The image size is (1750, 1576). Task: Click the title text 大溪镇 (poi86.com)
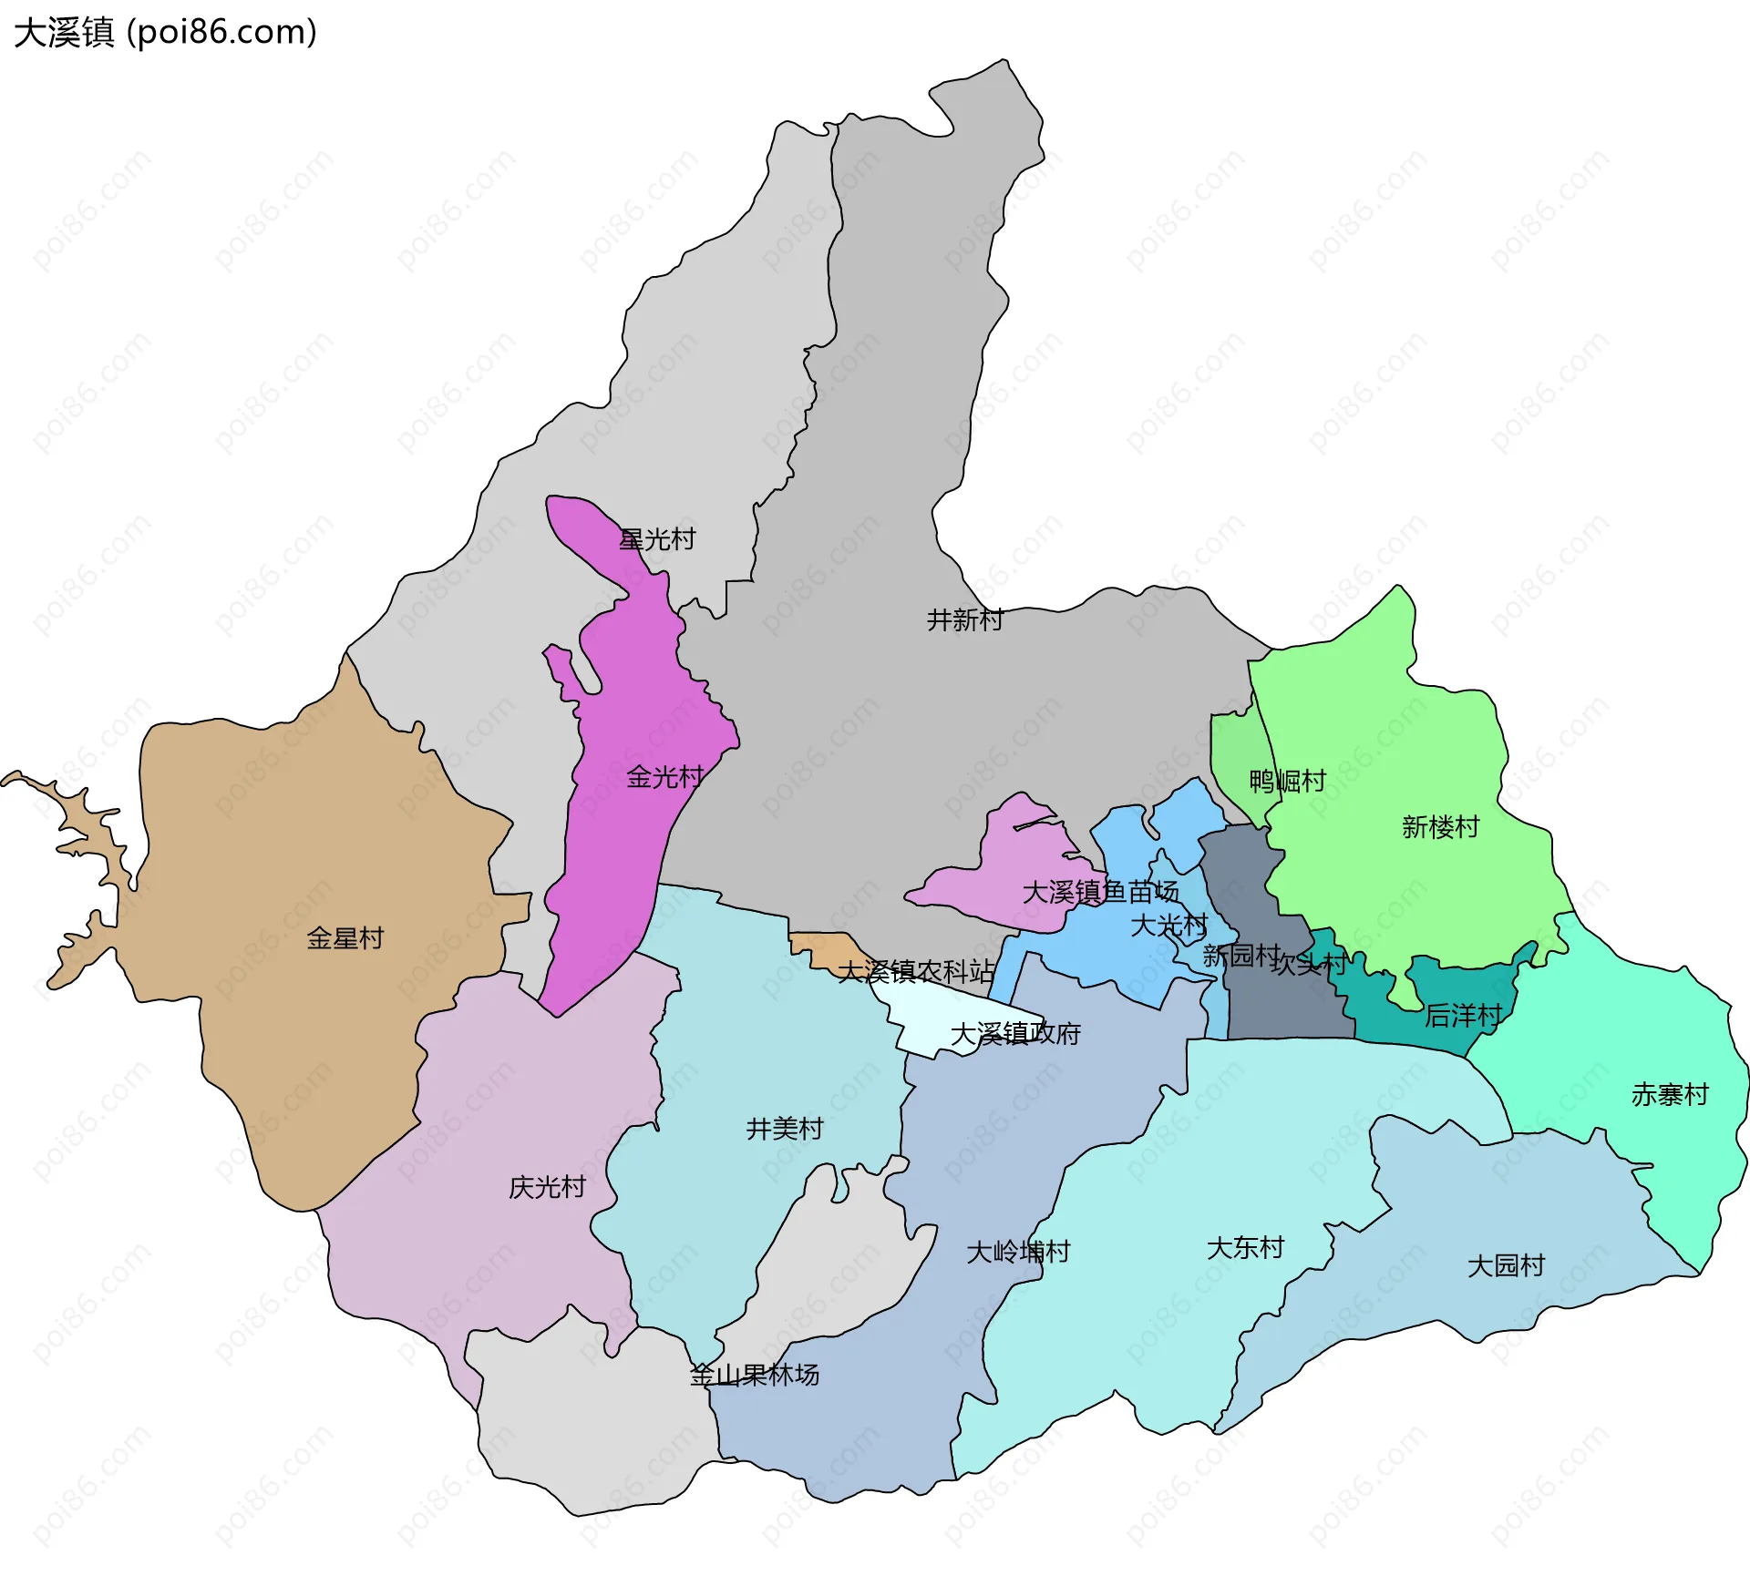[165, 33]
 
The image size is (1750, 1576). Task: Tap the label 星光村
[657, 539]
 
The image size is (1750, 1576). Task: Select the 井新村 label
[964, 620]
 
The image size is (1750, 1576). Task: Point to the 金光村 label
[664, 777]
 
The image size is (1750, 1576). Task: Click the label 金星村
[345, 938]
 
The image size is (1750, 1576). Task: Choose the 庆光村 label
[547, 1187]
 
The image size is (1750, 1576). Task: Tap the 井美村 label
[785, 1129]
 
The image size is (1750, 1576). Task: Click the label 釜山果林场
[755, 1375]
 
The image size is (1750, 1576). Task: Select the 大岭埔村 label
[1018, 1252]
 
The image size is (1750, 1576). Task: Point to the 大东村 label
[1245, 1247]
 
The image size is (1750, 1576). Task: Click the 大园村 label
[1506, 1265]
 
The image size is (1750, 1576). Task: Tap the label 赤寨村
[1670, 1094]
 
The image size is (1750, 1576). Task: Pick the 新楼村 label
[1440, 827]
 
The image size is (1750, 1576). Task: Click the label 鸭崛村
[1287, 781]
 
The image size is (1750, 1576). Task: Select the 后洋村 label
[1463, 1015]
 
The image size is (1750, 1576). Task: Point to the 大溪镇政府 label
[1015, 1034]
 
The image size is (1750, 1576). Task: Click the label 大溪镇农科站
[915, 972]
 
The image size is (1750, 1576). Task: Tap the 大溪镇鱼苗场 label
[1100, 892]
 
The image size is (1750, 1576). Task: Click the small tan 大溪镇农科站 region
[825, 947]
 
